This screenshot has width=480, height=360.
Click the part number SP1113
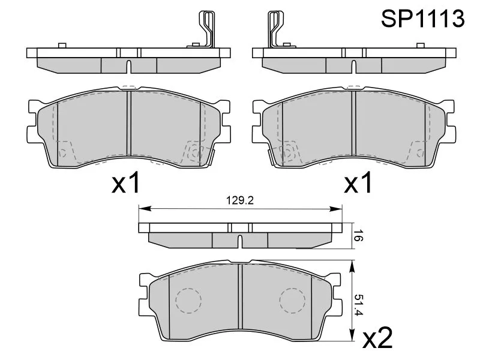pos(423,19)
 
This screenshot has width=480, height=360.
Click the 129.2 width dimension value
pos(240,200)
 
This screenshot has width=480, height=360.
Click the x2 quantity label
pos(377,338)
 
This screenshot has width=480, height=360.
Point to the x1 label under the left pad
pos(126,182)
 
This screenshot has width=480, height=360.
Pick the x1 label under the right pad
pos(358,182)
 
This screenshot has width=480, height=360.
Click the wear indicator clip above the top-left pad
pos(205,29)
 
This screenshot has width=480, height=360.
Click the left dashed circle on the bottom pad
pos(188,301)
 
